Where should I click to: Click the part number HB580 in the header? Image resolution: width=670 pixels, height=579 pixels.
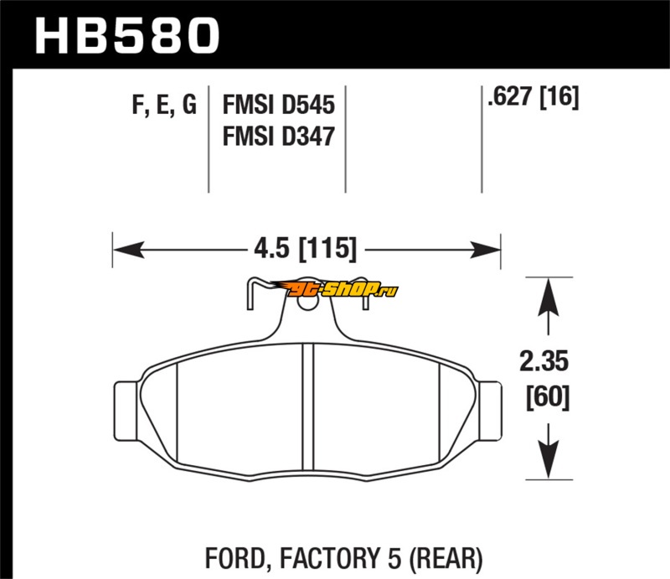pyautogui.click(x=126, y=35)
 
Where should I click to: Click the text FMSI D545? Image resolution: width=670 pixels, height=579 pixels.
pyautogui.click(x=278, y=106)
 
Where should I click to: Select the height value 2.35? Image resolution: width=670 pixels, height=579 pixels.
pyautogui.click(x=544, y=363)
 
